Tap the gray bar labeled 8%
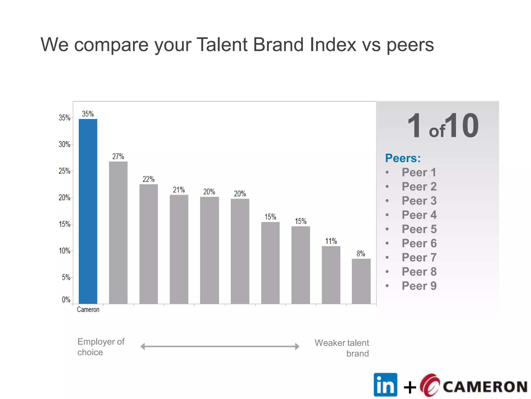point(361,281)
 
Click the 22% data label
point(148,179)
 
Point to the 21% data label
point(179,190)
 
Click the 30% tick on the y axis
point(65,144)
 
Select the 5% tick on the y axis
point(66,277)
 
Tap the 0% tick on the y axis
point(66,300)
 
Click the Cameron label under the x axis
point(88,310)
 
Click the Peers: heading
point(403,158)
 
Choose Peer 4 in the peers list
point(419,215)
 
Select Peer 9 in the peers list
point(419,286)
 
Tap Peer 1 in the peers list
point(419,172)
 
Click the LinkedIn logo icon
point(385,385)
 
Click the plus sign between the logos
point(410,388)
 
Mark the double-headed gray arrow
point(220,346)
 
